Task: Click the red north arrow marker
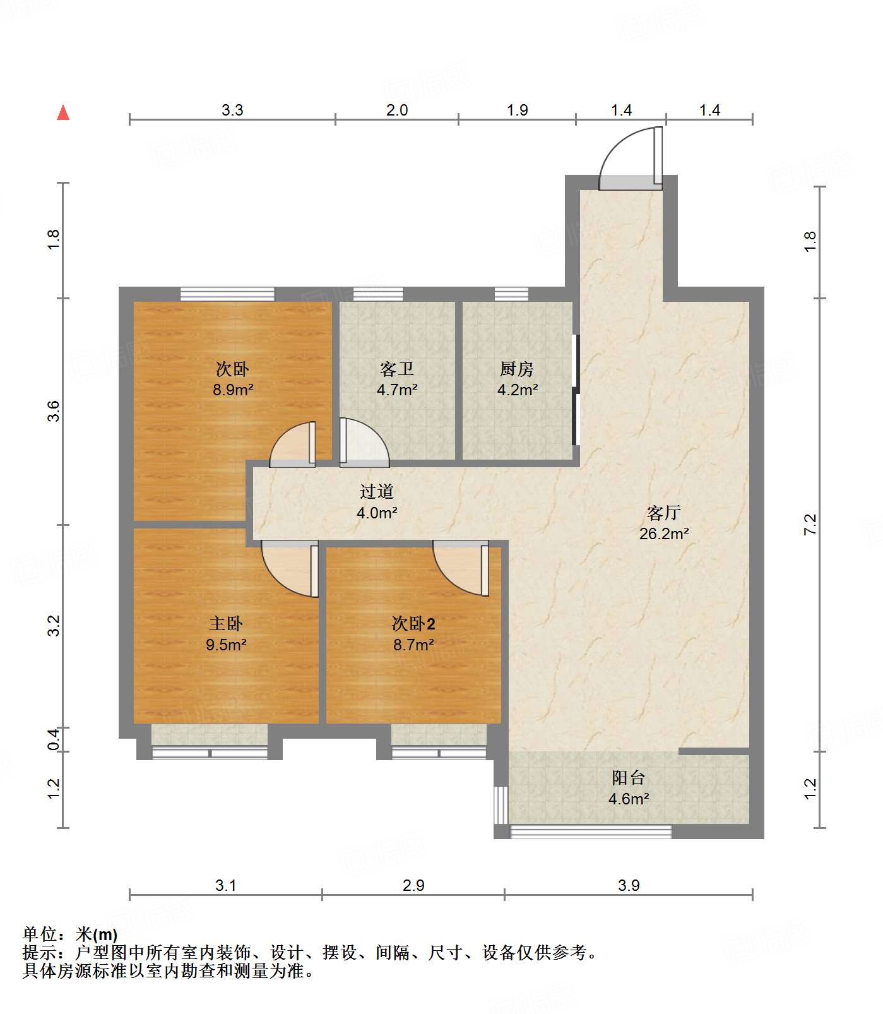(63, 112)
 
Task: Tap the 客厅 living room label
(663, 512)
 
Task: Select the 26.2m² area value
(664, 534)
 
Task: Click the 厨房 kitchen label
(517, 369)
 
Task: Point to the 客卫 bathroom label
(397, 369)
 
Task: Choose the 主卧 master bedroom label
(226, 624)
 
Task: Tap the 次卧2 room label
(413, 624)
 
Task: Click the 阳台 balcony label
(629, 778)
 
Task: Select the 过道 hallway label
(377, 491)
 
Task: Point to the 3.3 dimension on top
(232, 110)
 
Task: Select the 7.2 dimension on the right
(810, 525)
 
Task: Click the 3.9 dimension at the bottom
(629, 885)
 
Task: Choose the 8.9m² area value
(233, 390)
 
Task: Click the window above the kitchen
(511, 294)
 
